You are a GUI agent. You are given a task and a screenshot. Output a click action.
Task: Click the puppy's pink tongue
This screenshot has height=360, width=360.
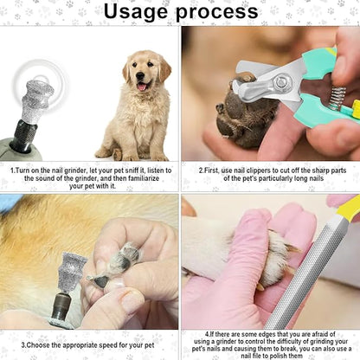pos(140,86)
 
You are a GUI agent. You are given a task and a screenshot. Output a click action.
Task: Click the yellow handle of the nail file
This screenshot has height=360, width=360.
pos(347,209)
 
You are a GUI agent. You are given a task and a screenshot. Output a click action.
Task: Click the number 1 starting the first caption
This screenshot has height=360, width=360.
pos(11,170)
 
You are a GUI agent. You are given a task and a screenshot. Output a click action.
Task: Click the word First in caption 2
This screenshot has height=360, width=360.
pos(213,170)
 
